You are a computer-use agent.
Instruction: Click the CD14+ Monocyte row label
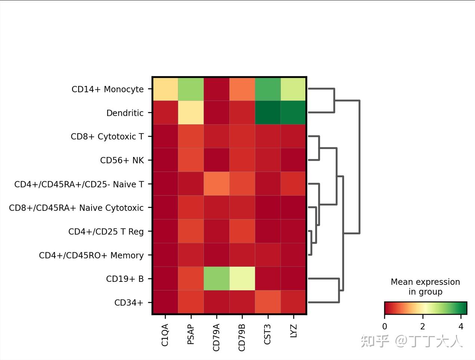point(108,89)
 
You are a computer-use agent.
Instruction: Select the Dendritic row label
point(125,113)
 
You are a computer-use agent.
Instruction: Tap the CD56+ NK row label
point(122,160)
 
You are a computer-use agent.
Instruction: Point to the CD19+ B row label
point(125,279)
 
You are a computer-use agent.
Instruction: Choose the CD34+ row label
point(129,302)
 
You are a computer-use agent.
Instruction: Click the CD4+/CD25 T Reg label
point(106,231)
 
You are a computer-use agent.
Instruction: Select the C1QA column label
point(165,335)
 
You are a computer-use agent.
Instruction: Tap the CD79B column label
point(242,338)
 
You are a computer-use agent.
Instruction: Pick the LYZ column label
point(293,331)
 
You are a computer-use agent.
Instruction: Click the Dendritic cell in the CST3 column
point(268,113)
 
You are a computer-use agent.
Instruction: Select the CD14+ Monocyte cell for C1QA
point(165,89)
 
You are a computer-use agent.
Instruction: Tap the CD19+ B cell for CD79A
point(216,279)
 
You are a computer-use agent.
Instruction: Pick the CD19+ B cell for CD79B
point(242,279)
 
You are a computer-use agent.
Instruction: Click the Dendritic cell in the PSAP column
point(191,113)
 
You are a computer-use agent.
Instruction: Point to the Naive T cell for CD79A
point(216,184)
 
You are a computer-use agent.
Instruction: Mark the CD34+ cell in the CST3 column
point(268,302)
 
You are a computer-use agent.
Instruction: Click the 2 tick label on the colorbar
point(423,326)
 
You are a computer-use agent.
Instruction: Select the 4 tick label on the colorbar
point(461,326)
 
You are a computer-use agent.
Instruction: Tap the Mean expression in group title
point(425,287)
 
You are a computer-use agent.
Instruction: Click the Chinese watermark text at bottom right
point(411,341)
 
